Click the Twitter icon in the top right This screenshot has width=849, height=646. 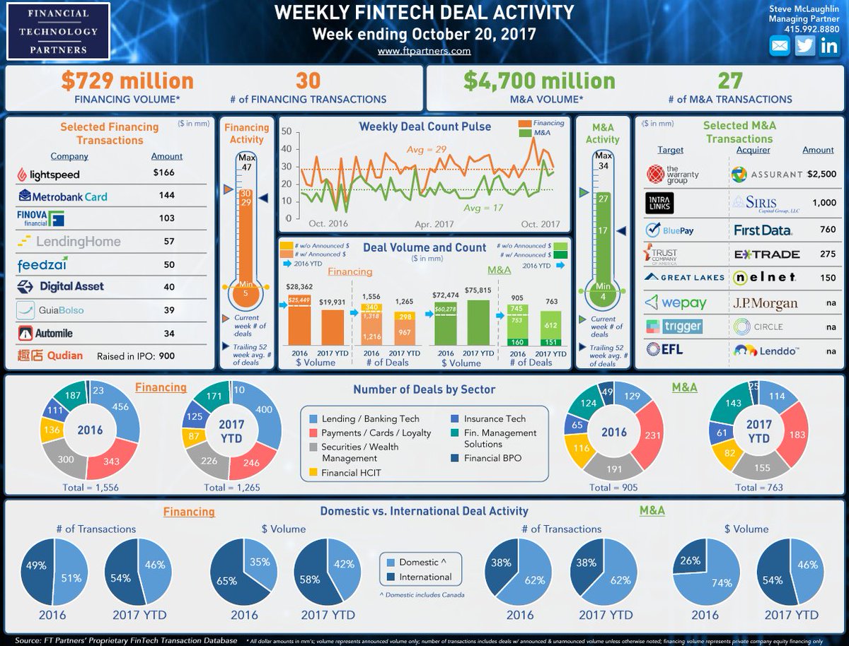(x=804, y=46)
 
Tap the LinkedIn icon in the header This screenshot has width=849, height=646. (x=830, y=46)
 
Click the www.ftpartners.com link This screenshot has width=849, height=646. (x=424, y=51)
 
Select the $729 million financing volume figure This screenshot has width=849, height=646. (x=127, y=81)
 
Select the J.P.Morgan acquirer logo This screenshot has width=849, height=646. (x=765, y=303)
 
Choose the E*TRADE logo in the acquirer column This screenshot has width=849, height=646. (x=766, y=254)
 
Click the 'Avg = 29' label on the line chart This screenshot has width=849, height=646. (x=427, y=149)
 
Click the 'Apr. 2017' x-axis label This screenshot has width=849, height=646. (x=434, y=224)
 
